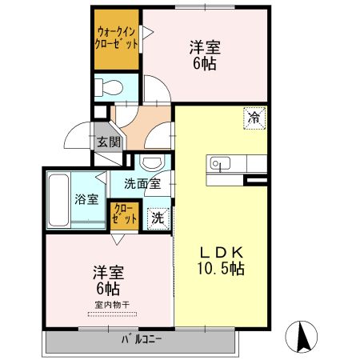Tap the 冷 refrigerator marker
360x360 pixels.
click(254, 117)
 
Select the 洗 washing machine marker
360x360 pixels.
click(158, 217)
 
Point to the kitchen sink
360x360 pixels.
click(219, 164)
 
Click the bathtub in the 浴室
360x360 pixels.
click(58, 200)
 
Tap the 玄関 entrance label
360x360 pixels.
click(109, 142)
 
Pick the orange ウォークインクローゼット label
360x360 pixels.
click(116, 38)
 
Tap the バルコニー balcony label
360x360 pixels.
click(142, 339)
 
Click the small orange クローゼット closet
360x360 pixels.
click(124, 214)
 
